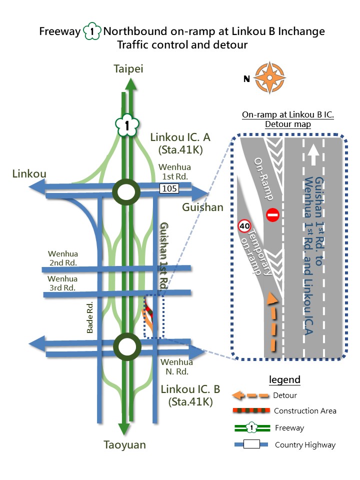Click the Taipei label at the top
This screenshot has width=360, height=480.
(128, 69)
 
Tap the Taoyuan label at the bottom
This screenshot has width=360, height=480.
(124, 445)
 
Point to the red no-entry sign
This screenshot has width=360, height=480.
(272, 215)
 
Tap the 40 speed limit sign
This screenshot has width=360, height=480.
(244, 226)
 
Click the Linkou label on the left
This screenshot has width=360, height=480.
(29, 174)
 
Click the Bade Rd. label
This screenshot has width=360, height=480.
(90, 318)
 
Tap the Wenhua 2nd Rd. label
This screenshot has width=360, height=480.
(62, 258)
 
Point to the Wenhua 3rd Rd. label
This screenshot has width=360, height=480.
(62, 283)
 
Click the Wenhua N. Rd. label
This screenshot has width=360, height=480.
(176, 366)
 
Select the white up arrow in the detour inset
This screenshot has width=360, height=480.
(313, 153)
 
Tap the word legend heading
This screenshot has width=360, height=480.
(284, 379)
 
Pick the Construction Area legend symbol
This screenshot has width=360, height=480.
(250, 411)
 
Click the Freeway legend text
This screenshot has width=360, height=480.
(289, 428)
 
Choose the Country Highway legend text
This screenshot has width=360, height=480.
(305, 445)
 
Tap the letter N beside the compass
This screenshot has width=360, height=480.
(246, 78)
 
